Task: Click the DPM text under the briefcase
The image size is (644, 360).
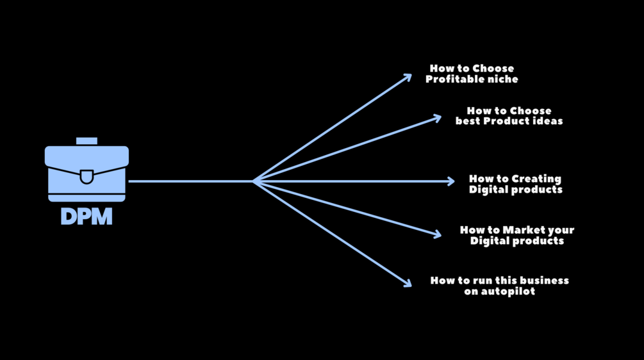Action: click(87, 217)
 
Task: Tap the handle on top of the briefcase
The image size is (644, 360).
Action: click(87, 141)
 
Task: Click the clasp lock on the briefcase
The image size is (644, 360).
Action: click(87, 177)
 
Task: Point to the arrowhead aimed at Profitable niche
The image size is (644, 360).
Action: click(407, 78)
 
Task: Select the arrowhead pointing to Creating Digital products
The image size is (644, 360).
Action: click(451, 181)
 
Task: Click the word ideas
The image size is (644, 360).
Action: click(549, 121)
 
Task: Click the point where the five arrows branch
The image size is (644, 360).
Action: click(253, 181)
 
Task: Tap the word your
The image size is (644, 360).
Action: click(561, 231)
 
